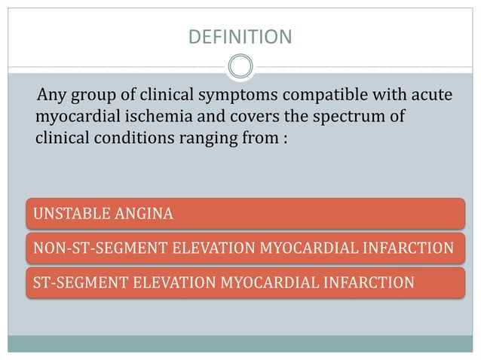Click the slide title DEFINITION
point(240,36)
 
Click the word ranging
point(205,139)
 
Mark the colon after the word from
point(285,140)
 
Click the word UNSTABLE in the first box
point(69,215)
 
